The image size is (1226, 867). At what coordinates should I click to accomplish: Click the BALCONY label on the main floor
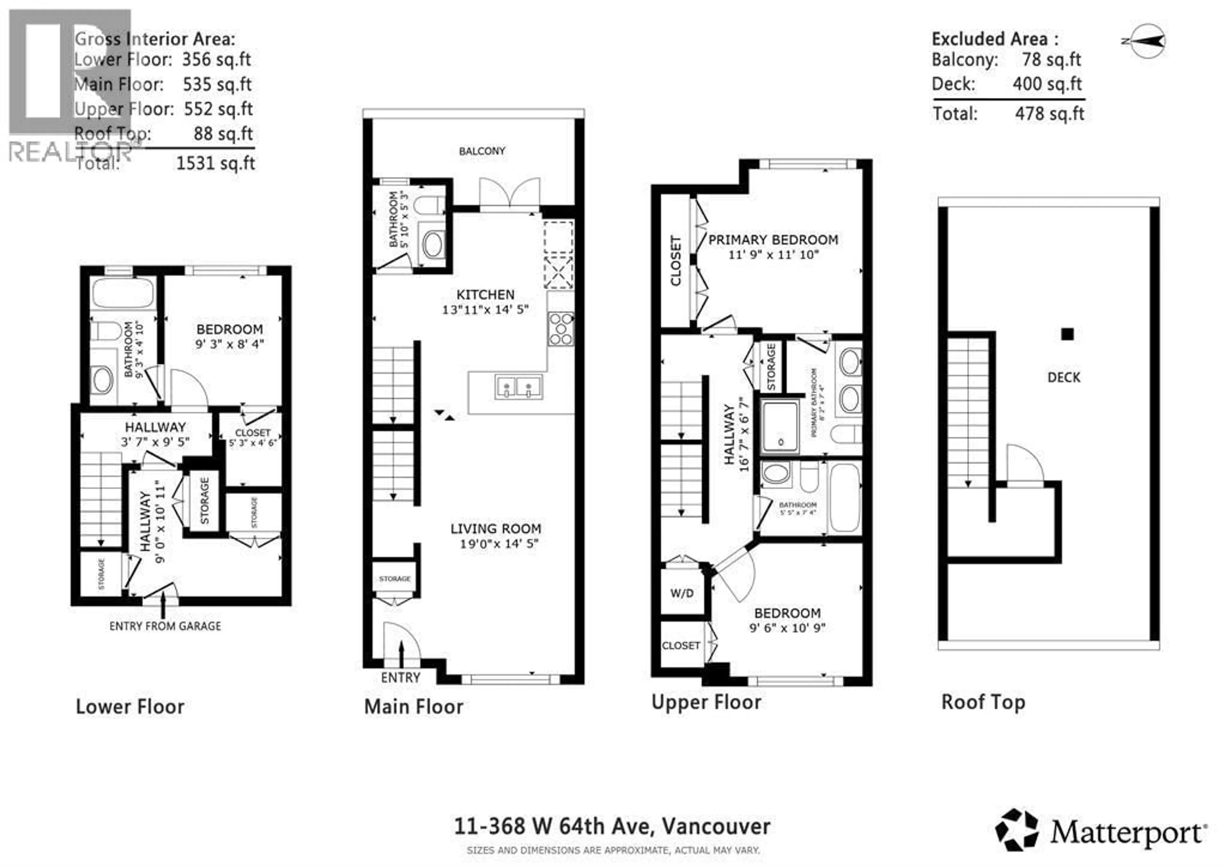[482, 151]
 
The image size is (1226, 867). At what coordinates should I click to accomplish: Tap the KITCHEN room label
[485, 294]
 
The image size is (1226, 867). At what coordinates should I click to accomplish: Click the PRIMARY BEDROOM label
[773, 240]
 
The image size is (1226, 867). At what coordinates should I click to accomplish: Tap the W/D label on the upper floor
[682, 593]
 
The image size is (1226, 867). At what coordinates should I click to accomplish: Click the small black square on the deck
[1067, 334]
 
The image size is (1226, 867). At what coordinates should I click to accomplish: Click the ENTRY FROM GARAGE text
[165, 626]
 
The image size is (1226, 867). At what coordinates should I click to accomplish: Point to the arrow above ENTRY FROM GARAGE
[163, 605]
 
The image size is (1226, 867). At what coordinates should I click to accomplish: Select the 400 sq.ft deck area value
[1047, 84]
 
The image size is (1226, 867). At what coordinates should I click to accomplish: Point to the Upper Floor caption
[706, 702]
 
